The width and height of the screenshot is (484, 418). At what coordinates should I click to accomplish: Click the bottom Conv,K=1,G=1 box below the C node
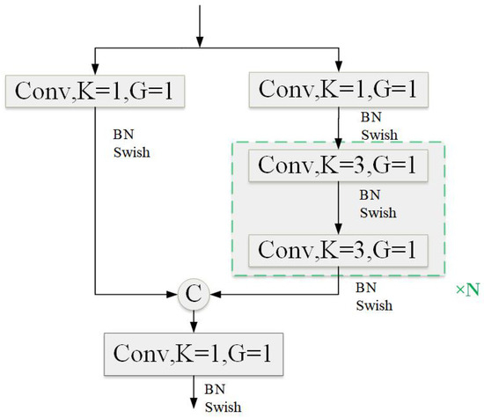(x=196, y=353)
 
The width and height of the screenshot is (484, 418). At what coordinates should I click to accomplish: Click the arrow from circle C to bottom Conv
(x=196, y=320)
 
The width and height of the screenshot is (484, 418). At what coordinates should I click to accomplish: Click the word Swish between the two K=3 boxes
(x=378, y=214)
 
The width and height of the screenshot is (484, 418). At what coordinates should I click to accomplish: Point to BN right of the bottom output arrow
(x=214, y=387)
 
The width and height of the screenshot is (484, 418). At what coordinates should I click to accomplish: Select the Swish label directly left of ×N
(x=374, y=307)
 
